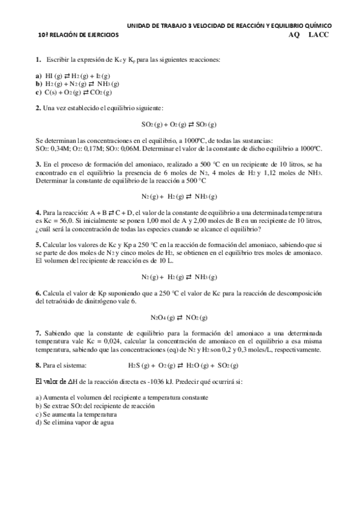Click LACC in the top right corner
tap(319, 35)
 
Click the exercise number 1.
tap(38, 59)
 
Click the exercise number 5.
tap(38, 245)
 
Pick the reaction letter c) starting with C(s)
tap(39, 92)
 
